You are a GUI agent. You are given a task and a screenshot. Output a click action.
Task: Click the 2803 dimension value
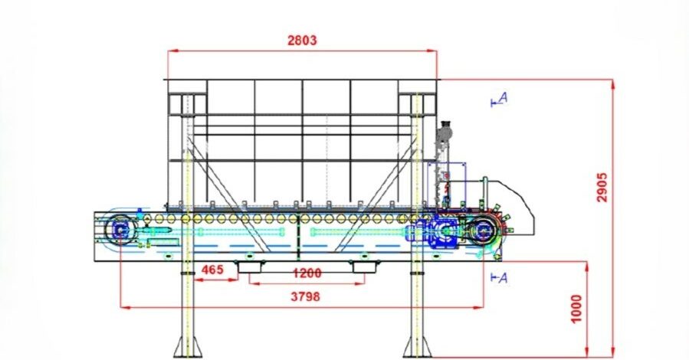(302, 41)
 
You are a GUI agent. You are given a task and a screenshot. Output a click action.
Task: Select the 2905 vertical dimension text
(602, 188)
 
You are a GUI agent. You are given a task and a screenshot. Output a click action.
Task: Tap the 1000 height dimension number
(576, 309)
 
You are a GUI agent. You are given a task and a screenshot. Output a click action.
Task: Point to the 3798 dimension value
(305, 296)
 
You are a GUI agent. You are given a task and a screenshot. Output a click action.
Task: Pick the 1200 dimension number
(307, 273)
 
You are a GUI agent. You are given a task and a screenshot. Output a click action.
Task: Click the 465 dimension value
(212, 270)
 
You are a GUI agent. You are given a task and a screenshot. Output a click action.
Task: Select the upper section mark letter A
(504, 97)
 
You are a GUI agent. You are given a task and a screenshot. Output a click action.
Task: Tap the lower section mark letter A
(504, 278)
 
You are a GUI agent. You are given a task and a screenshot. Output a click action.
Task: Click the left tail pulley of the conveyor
(120, 229)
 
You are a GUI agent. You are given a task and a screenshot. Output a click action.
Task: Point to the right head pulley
(484, 230)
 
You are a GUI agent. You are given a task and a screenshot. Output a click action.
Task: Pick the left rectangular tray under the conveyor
(251, 267)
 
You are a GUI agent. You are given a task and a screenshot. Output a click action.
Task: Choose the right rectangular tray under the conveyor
(365, 267)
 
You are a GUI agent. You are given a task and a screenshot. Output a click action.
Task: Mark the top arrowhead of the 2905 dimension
(613, 84)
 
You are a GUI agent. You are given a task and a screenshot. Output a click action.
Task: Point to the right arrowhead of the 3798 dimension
(478, 308)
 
